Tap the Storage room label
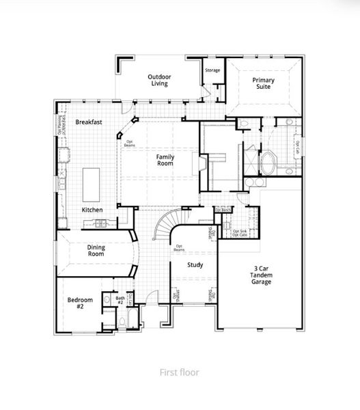click(212, 70)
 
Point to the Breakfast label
click(89, 122)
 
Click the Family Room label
click(165, 160)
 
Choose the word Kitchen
click(93, 209)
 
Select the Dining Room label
click(96, 250)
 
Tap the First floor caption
click(179, 372)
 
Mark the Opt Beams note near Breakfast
click(129, 143)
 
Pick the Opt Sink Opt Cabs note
click(240, 233)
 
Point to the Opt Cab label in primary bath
click(298, 146)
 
